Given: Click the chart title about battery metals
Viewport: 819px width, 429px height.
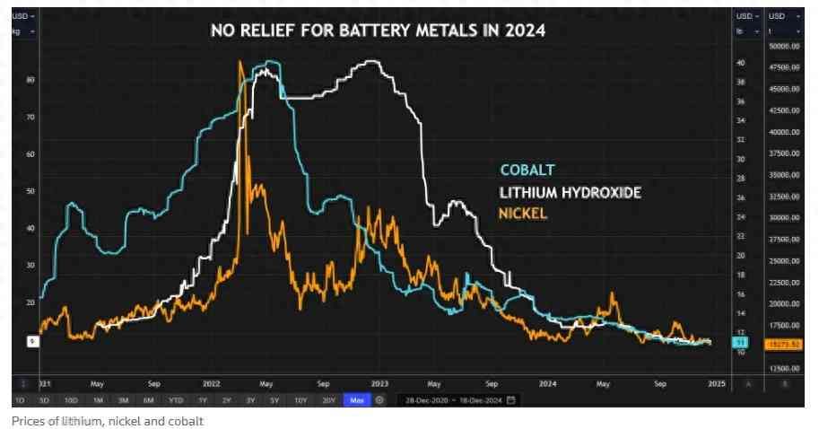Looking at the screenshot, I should (379, 31).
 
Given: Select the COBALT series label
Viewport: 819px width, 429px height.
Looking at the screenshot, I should (527, 170).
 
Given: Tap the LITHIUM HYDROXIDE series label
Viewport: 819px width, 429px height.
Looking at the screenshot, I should (570, 192).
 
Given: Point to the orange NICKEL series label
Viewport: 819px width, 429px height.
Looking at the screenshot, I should (523, 214).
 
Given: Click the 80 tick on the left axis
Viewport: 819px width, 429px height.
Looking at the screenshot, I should (30, 80).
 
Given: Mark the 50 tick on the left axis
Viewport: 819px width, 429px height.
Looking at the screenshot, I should (30, 191).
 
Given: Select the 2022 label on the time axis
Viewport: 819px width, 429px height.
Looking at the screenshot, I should (212, 383).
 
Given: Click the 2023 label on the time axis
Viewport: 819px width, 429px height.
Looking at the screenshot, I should (379, 383).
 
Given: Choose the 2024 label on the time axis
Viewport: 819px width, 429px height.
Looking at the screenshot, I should (547, 383).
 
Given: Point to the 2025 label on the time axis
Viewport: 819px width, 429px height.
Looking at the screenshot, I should (716, 383).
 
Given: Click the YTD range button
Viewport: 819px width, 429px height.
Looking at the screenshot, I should (176, 400).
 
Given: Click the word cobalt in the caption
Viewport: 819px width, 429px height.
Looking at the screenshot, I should (190, 421).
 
